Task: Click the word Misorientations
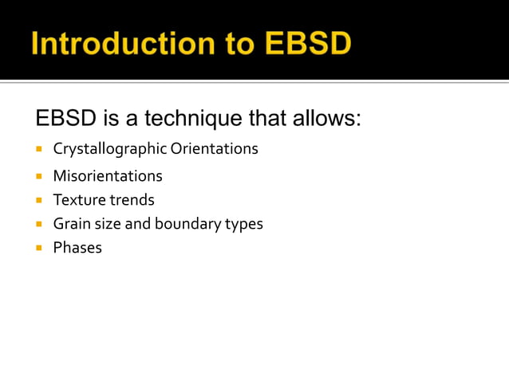coord(108,176)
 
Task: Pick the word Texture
coord(78,200)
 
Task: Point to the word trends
coord(131,200)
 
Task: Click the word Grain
coord(71,224)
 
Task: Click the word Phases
coord(77,248)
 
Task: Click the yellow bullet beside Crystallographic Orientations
coord(38,149)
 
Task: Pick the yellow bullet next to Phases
coord(38,248)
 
